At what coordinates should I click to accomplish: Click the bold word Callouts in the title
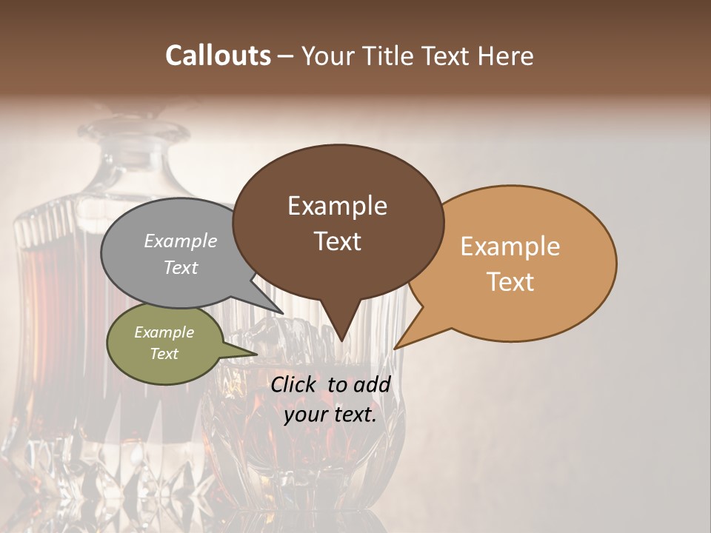point(218,56)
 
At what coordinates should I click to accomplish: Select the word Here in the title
point(507,56)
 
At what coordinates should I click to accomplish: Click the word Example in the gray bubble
point(181,241)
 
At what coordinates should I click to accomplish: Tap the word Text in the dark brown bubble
point(338,241)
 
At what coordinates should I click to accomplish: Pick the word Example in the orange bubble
point(510,247)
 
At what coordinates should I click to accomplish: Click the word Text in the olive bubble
point(164,354)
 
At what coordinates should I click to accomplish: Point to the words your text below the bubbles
point(330,415)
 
